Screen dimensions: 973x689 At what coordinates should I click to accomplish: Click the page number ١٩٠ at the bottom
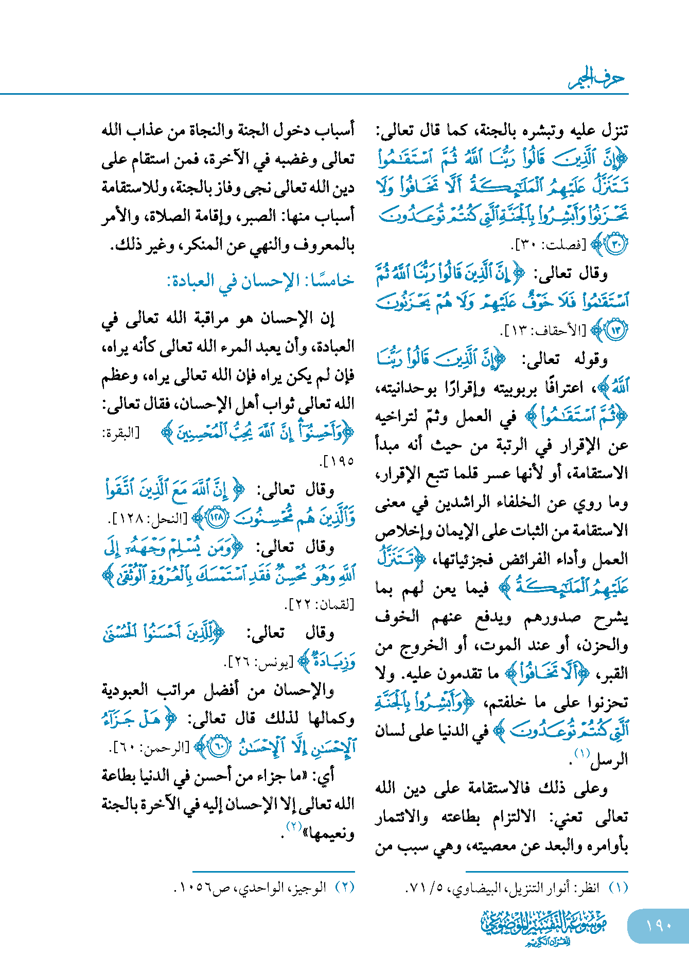tap(659, 925)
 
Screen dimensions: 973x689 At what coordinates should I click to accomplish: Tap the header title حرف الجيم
tap(597, 78)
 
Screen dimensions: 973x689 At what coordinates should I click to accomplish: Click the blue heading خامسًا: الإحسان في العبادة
tap(260, 281)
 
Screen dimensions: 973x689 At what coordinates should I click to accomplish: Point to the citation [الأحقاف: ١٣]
tap(544, 331)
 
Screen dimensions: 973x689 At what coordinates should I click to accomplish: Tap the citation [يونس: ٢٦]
tap(260, 661)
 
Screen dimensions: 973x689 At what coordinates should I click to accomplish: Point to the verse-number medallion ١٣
tap(616, 330)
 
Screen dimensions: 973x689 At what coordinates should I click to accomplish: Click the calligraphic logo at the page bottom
tap(544, 926)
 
